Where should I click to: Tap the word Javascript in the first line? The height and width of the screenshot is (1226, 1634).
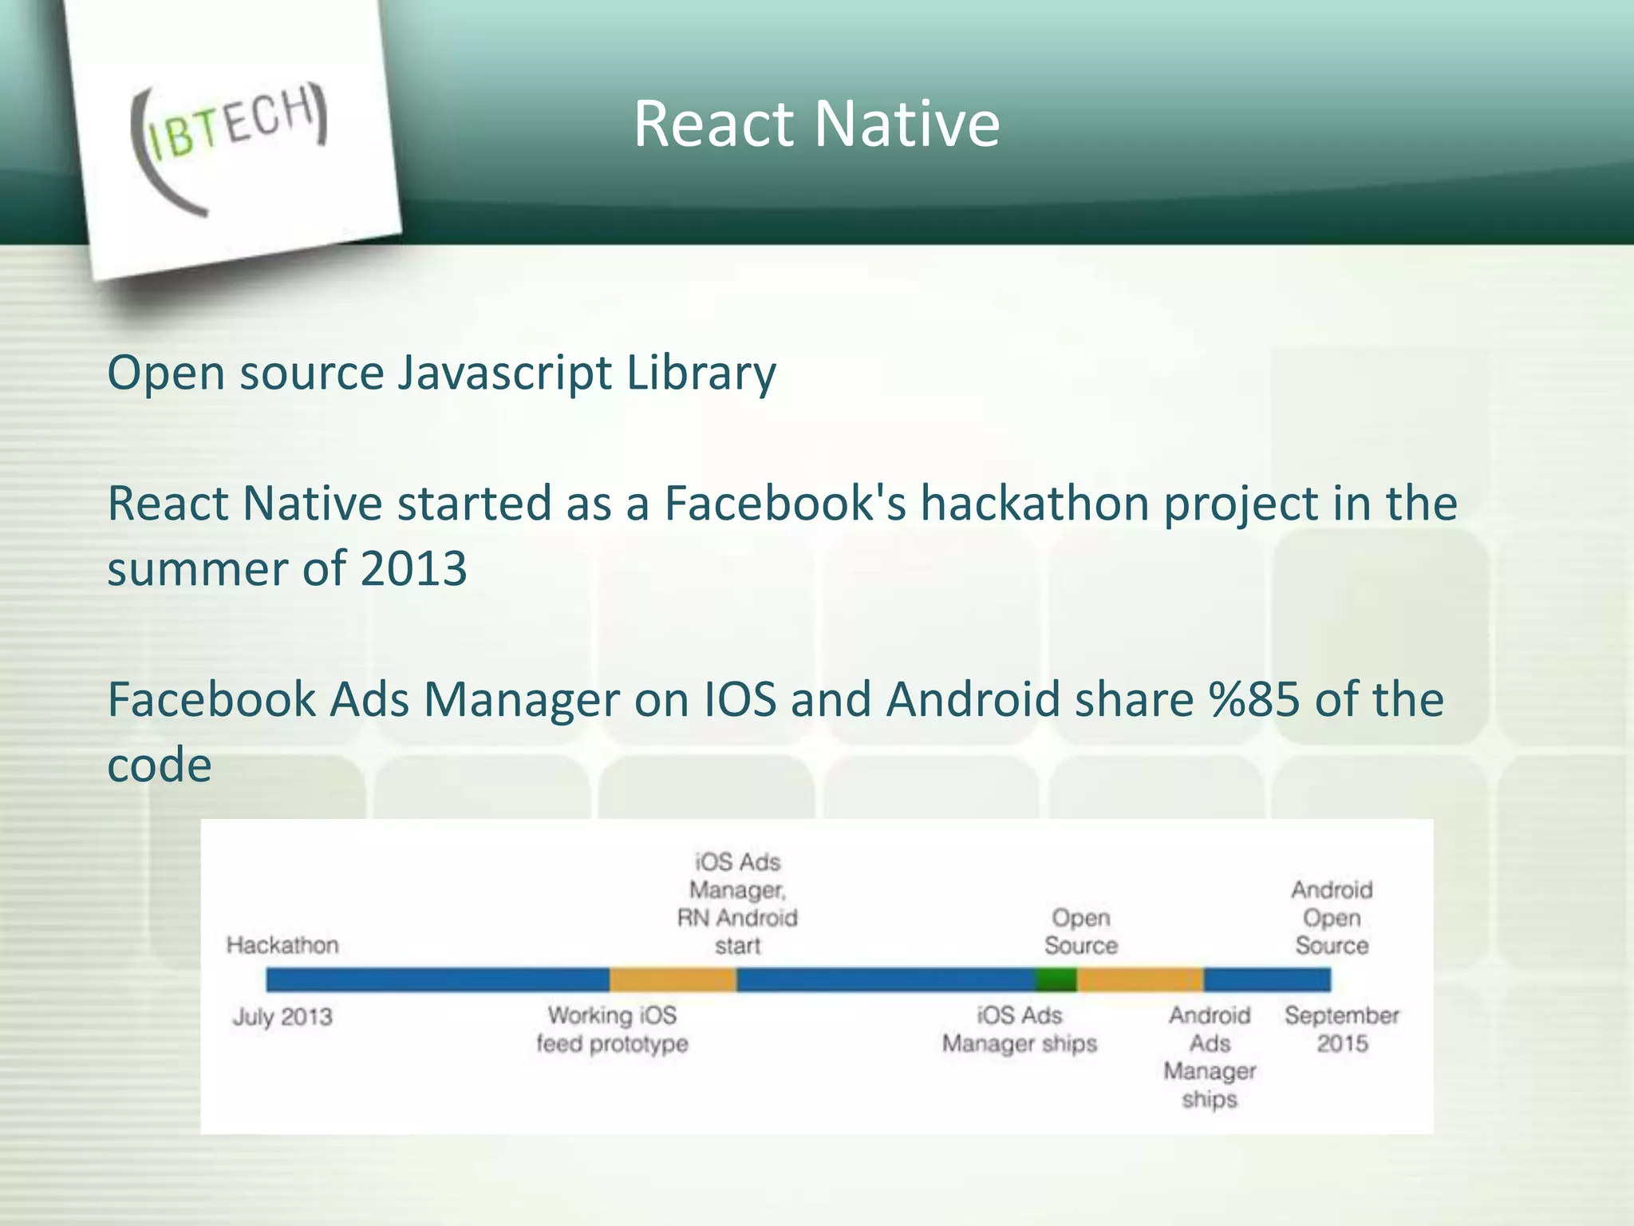(504, 372)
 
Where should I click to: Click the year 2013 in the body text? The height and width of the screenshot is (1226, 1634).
(413, 569)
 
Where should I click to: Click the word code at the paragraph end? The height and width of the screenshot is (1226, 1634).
(160, 765)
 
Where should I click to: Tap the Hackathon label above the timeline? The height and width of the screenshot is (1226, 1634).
(282, 945)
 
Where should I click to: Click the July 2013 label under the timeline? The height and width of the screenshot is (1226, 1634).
(282, 1017)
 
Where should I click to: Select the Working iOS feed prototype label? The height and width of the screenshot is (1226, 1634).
(612, 1030)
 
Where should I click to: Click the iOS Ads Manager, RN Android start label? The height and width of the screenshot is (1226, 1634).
(737, 904)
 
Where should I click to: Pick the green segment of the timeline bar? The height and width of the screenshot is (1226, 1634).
(1056, 979)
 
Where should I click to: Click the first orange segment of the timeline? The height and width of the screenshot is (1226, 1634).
(673, 979)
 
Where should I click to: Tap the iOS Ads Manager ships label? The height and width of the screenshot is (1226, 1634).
(1020, 1030)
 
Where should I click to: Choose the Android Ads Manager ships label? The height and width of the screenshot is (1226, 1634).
(1210, 1057)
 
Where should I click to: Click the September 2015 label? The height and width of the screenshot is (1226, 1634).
(1342, 1030)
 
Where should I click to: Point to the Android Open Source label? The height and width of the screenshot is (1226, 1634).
(1332, 918)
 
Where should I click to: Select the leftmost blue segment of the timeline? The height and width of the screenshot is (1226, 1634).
(437, 979)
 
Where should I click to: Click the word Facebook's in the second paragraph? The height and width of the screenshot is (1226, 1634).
(784, 504)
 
